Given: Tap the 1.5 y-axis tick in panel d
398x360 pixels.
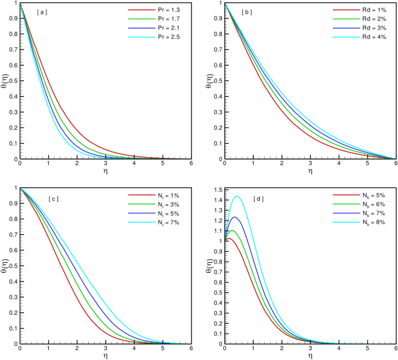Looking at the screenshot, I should tap(216, 190).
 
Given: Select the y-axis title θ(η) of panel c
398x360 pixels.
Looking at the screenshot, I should tap(5, 266).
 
